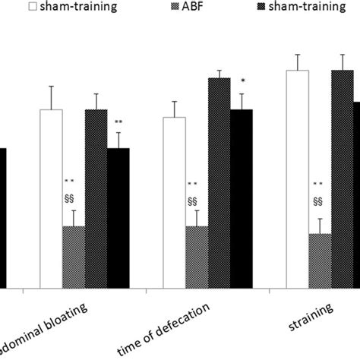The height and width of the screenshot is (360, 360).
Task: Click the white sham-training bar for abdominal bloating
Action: click(51, 199)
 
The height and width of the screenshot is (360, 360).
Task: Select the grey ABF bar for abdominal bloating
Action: click(74, 257)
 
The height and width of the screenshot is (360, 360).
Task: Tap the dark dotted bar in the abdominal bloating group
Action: click(96, 199)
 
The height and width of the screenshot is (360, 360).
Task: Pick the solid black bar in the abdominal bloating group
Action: click(118, 218)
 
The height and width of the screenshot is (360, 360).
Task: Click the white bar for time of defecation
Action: click(175, 203)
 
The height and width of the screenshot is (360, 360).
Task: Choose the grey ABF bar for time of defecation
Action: click(197, 257)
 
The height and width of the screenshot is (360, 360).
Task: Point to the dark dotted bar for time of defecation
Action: click(219, 183)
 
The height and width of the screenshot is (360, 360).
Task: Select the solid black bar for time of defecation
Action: click(242, 199)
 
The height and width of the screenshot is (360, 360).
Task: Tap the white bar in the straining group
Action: click(298, 179)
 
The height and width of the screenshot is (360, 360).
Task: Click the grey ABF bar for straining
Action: click(320, 261)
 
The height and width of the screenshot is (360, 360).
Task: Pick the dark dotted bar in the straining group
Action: click(343, 179)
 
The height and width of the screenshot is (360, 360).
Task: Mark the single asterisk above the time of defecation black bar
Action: click(242, 82)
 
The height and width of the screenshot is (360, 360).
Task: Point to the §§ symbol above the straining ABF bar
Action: click(318, 201)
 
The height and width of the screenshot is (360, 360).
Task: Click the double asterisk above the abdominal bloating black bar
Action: click(118, 123)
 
